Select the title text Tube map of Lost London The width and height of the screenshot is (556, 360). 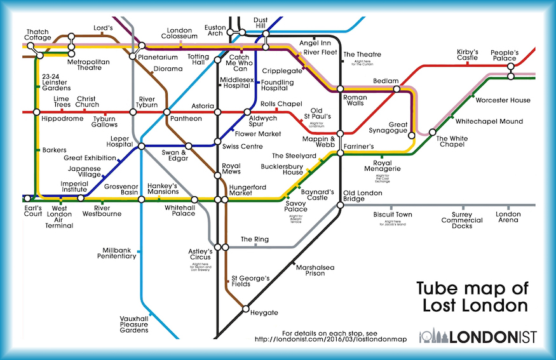click(x=472, y=297)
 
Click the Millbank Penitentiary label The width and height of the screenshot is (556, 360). click(x=117, y=253)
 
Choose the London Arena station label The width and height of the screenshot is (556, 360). click(x=508, y=218)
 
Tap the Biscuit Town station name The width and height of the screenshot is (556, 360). click(x=392, y=215)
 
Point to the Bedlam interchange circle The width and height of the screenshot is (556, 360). click(x=397, y=90)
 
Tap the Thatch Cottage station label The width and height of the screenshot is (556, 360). click(x=39, y=35)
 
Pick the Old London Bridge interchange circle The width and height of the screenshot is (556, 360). click(x=339, y=198)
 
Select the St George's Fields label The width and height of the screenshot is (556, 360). click(x=250, y=281)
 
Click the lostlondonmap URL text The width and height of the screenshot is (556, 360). click(x=331, y=339)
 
